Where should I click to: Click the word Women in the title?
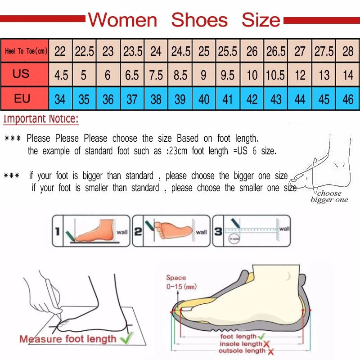(122, 20)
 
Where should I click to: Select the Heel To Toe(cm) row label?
(26, 51)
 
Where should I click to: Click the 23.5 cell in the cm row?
(132, 51)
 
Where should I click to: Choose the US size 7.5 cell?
(156, 75)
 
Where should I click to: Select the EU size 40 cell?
(204, 99)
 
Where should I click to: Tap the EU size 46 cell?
(347, 99)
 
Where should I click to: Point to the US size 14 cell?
(347, 75)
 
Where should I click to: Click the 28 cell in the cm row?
(347, 51)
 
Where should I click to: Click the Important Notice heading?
(41, 119)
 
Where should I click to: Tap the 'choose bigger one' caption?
(329, 197)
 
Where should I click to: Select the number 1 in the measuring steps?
(57, 232)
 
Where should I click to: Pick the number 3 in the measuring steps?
(218, 232)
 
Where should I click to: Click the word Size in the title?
(261, 20)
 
